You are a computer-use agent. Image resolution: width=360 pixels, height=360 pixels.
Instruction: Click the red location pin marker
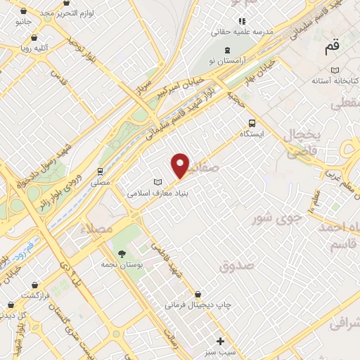(181, 165)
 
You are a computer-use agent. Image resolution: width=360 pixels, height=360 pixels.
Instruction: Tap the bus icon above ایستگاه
(252, 121)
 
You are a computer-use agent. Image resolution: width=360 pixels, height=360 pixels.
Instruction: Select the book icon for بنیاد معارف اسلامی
(157, 182)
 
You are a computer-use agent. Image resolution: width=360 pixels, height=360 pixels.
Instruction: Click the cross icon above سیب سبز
(221, 341)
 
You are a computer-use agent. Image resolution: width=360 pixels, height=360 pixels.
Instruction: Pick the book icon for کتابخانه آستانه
(335, 70)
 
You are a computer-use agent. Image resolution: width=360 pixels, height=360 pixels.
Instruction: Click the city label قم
(331, 48)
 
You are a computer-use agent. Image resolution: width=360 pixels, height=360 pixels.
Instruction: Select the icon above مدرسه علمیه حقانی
(243, 21)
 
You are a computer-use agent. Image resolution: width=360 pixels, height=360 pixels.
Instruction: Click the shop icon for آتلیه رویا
(34, 37)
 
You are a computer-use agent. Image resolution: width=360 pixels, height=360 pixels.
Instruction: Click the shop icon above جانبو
(24, 11)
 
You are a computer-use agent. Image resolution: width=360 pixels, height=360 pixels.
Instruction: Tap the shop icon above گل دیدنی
(11, 305)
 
